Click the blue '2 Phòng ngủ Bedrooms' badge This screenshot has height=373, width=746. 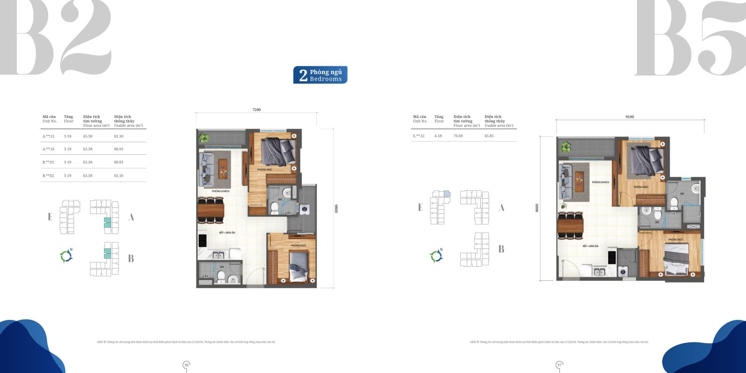click(320, 75)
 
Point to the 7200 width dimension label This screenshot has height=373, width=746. click(256, 110)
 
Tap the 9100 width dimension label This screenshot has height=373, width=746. click(629, 117)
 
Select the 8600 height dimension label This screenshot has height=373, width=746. click(537, 208)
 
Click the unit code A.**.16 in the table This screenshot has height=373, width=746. click(48, 149)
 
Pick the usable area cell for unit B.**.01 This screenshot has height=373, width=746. click(118, 162)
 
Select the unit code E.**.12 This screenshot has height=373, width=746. click(419, 136)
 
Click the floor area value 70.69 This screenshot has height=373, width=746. click(458, 136)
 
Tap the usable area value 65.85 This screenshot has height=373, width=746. click(489, 136)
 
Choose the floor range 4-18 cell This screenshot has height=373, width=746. click(438, 136)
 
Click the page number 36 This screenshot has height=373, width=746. click(186, 365)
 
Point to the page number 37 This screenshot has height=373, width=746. click(559, 365)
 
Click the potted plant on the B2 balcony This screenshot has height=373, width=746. click(203, 138)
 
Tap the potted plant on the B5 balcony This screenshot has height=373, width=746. click(566, 147)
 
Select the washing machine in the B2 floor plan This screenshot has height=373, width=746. click(304, 210)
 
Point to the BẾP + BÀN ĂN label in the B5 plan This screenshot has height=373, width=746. click(590, 246)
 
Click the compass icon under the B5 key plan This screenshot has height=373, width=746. click(436, 256)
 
